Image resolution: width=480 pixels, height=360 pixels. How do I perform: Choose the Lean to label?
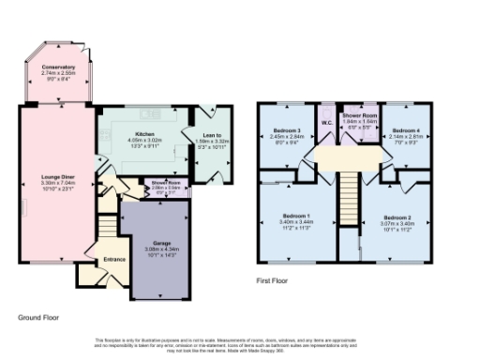(211, 135)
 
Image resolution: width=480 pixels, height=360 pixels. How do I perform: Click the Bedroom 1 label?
(296, 217)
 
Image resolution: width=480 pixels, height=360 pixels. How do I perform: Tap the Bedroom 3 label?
(286, 128)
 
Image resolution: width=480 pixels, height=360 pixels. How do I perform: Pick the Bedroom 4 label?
(405, 128)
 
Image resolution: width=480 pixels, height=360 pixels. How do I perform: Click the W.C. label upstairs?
(327, 122)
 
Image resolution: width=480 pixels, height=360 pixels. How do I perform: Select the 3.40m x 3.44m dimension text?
(296, 222)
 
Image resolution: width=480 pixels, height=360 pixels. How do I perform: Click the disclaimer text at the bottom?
(240, 343)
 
